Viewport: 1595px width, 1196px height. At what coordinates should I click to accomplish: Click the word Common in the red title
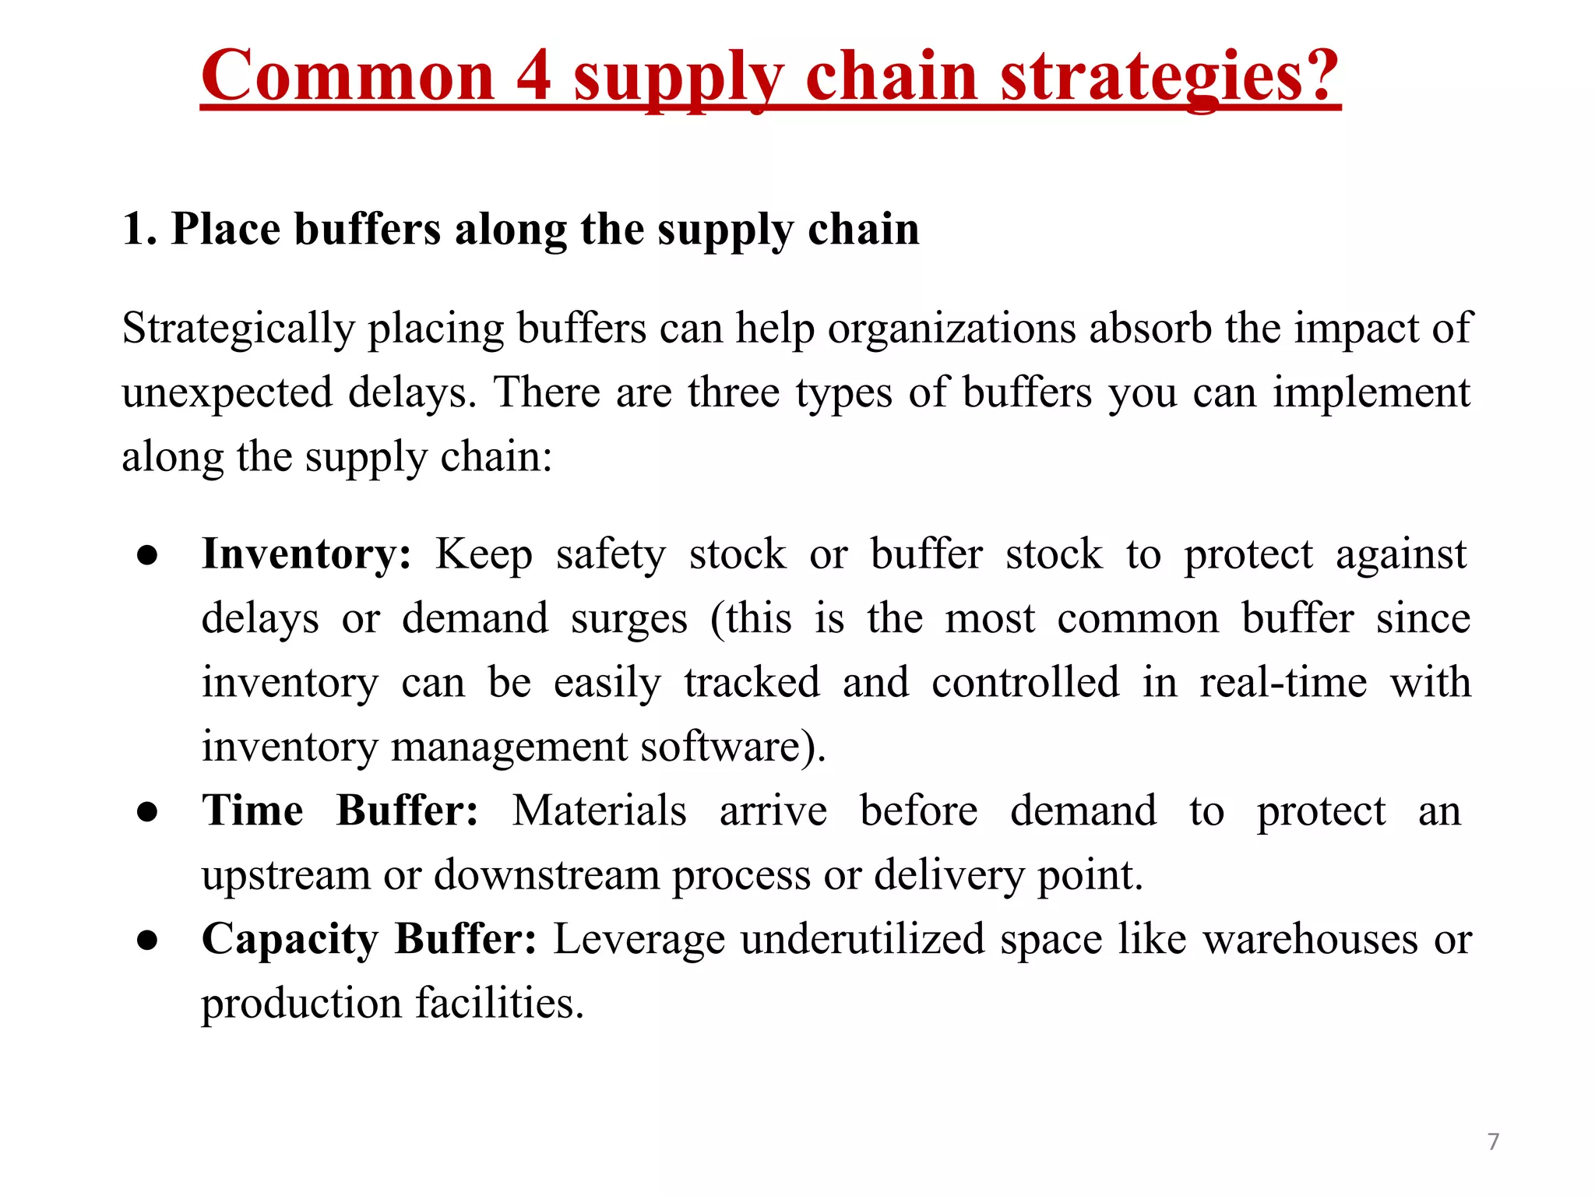pyautogui.click(x=347, y=76)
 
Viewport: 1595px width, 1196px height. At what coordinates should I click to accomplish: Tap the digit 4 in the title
pyautogui.click(x=533, y=76)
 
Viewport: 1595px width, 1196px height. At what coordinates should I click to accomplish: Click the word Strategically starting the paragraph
pyautogui.click(x=238, y=329)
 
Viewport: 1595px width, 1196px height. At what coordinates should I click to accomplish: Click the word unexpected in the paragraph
pyautogui.click(x=227, y=392)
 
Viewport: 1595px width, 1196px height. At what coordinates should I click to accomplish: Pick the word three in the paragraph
pyautogui.click(x=734, y=392)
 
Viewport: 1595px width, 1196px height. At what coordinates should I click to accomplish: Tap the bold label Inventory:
pyautogui.click(x=306, y=554)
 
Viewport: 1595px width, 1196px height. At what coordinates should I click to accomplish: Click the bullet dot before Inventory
pyautogui.click(x=147, y=556)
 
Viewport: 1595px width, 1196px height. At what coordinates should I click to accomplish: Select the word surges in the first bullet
pyautogui.click(x=629, y=619)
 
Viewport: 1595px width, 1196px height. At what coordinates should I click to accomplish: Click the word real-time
pyautogui.click(x=1283, y=683)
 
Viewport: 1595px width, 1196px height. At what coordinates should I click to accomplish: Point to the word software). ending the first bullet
pyautogui.click(x=733, y=747)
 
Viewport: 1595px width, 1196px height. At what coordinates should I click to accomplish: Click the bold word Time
pyautogui.click(x=252, y=811)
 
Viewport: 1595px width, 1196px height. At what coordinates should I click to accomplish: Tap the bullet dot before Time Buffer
pyautogui.click(x=147, y=812)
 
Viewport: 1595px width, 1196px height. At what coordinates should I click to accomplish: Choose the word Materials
pyautogui.click(x=599, y=811)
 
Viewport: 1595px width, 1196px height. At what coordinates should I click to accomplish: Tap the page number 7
pyautogui.click(x=1493, y=1141)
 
